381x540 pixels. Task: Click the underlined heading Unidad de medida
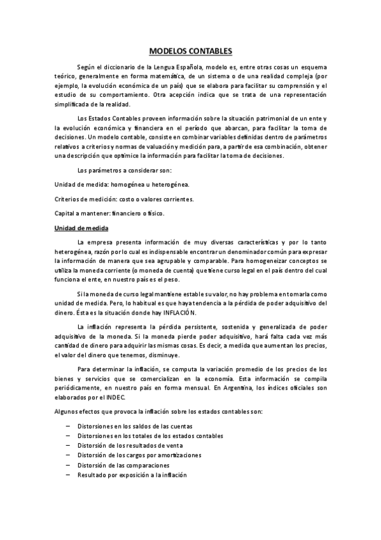(82, 228)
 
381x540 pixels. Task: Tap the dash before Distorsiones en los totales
(67, 436)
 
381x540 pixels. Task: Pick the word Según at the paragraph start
(85, 66)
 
